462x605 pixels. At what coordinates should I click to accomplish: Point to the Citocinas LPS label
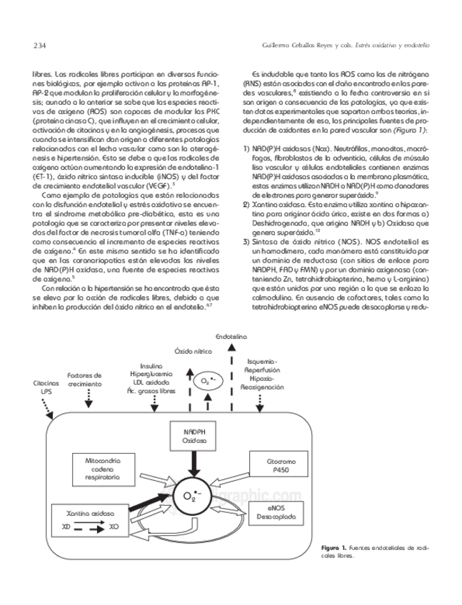[x=46, y=387]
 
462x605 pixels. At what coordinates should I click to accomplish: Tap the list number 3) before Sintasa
[x=246, y=243]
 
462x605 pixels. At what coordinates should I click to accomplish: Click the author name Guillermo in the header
[x=279, y=47]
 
